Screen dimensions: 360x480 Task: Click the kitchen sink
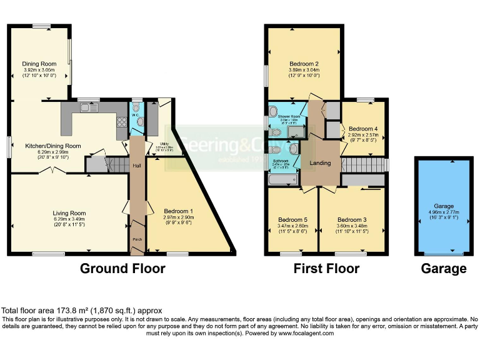point(88,108)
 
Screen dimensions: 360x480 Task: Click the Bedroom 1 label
point(178,211)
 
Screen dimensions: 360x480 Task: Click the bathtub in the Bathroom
point(281,181)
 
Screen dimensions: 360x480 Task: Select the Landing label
point(320,164)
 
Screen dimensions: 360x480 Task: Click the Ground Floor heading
point(122,269)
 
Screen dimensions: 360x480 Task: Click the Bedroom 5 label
point(292,220)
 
